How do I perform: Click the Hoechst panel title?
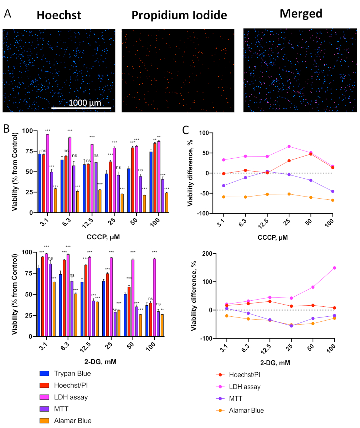[59, 15]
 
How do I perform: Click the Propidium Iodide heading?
[179, 15]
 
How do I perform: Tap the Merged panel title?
[301, 14]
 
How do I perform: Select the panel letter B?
[6, 129]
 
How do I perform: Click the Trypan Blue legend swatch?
[44, 374]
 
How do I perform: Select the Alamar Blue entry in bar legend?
[72, 421]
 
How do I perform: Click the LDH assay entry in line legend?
[245, 387]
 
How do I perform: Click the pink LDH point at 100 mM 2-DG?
[334, 268]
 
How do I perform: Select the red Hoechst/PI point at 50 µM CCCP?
[311, 154]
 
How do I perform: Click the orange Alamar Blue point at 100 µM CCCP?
[333, 200]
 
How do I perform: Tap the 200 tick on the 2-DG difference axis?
[207, 254]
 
